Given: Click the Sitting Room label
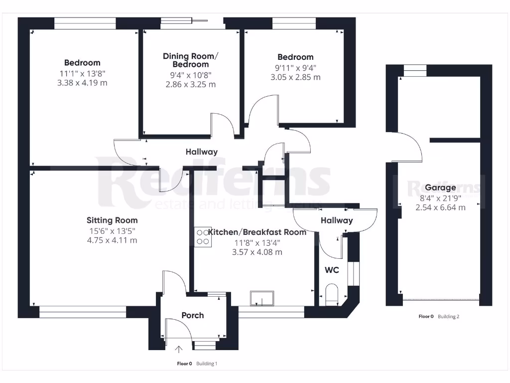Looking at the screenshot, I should [x=112, y=220].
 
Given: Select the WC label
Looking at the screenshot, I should [x=332, y=270].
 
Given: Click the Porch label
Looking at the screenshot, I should [x=192, y=315].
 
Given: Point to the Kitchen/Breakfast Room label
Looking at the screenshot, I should [x=257, y=232].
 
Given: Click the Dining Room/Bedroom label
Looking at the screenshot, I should [x=191, y=60].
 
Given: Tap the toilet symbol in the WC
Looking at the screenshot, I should [x=331, y=294].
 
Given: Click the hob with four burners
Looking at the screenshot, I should [x=203, y=236].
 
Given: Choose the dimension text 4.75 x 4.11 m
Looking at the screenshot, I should [x=112, y=240].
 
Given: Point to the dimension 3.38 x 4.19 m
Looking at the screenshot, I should [x=82, y=83].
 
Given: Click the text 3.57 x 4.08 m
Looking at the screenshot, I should [x=257, y=252].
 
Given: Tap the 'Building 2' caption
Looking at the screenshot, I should [x=448, y=316].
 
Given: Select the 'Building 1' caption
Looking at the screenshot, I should [x=206, y=364].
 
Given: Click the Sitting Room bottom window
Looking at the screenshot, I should [x=83, y=312].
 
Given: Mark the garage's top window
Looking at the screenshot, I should [x=414, y=70].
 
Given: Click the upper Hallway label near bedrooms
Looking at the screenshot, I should [x=202, y=152].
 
